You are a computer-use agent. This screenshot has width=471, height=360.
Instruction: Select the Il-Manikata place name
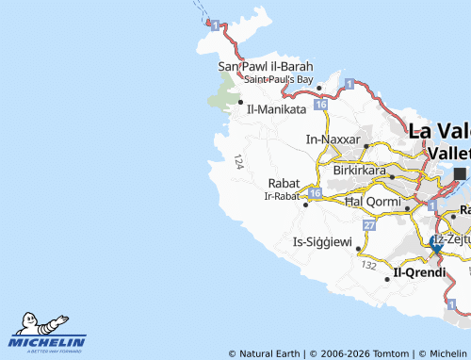pos(277,109)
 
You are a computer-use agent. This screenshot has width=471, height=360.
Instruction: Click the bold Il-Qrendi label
pos(420,272)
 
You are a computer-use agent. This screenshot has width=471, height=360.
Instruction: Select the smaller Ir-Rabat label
pos(282,196)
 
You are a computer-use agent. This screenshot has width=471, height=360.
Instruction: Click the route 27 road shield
pos(369,226)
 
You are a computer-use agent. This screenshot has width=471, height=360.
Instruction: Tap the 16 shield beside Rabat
pos(315,193)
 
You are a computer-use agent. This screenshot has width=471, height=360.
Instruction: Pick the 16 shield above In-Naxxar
pos(321,106)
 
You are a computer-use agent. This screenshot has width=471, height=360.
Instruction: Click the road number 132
pos(368,267)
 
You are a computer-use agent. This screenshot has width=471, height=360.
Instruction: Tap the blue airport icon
pos(436,242)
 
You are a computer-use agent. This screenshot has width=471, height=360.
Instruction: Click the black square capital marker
pos(460,173)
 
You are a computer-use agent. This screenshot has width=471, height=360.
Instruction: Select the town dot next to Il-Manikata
pos(241,102)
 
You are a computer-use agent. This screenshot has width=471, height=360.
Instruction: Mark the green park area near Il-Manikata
pos(224,91)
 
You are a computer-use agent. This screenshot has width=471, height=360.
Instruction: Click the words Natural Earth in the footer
pos(268,354)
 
